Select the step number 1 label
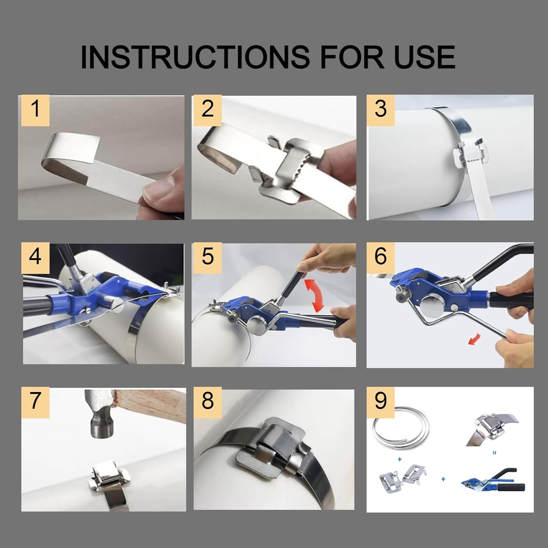35,110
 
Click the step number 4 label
35,257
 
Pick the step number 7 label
35,401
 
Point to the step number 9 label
380,401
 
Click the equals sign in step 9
494,453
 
